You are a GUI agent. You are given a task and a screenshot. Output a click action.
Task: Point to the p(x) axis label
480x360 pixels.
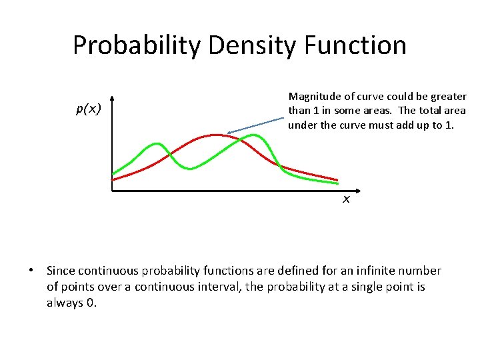point(87,109)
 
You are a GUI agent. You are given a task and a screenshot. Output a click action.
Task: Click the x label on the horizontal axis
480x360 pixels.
point(346,199)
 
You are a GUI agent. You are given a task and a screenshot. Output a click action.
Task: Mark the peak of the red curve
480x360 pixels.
point(215,135)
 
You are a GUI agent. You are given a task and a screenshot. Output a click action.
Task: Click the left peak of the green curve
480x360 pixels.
point(157,143)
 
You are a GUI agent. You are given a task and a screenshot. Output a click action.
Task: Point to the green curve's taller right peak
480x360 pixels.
point(253,135)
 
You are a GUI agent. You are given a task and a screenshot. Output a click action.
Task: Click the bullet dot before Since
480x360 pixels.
point(31,271)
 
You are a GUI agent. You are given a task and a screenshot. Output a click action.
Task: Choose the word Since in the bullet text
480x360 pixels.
point(61,271)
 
